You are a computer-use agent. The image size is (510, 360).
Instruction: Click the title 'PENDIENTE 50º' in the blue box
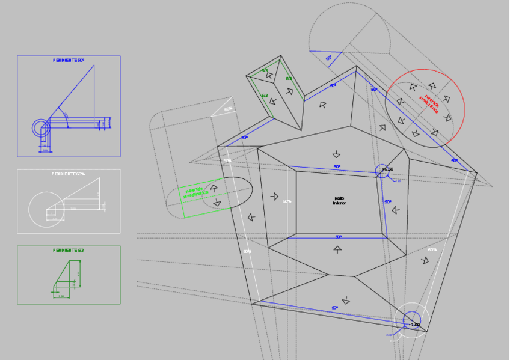(69, 61)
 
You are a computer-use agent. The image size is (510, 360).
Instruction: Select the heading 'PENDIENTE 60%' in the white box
(69, 174)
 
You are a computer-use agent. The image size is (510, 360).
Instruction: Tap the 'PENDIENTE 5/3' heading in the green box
(69, 250)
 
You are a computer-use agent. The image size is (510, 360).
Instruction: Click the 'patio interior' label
(340, 201)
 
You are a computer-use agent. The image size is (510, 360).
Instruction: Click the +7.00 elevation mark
(414, 325)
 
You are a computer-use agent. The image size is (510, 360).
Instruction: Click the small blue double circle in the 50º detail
(41, 127)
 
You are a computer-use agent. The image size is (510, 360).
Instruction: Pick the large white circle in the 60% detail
(46, 209)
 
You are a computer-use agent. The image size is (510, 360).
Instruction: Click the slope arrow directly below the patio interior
(337, 249)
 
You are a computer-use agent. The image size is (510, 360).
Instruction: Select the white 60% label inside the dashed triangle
(228, 109)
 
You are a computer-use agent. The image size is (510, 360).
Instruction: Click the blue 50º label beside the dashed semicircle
(328, 58)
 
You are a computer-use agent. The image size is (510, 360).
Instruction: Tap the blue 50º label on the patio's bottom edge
(339, 237)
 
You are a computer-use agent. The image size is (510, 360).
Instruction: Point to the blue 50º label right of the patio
(388, 202)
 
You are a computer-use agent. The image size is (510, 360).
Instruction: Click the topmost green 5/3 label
(265, 70)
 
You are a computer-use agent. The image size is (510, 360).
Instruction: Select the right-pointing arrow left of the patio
(274, 197)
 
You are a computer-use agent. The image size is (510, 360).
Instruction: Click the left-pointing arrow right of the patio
(395, 210)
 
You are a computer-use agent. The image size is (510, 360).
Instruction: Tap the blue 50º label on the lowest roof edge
(335, 308)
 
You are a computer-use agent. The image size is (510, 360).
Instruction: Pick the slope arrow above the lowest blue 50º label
(346, 300)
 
